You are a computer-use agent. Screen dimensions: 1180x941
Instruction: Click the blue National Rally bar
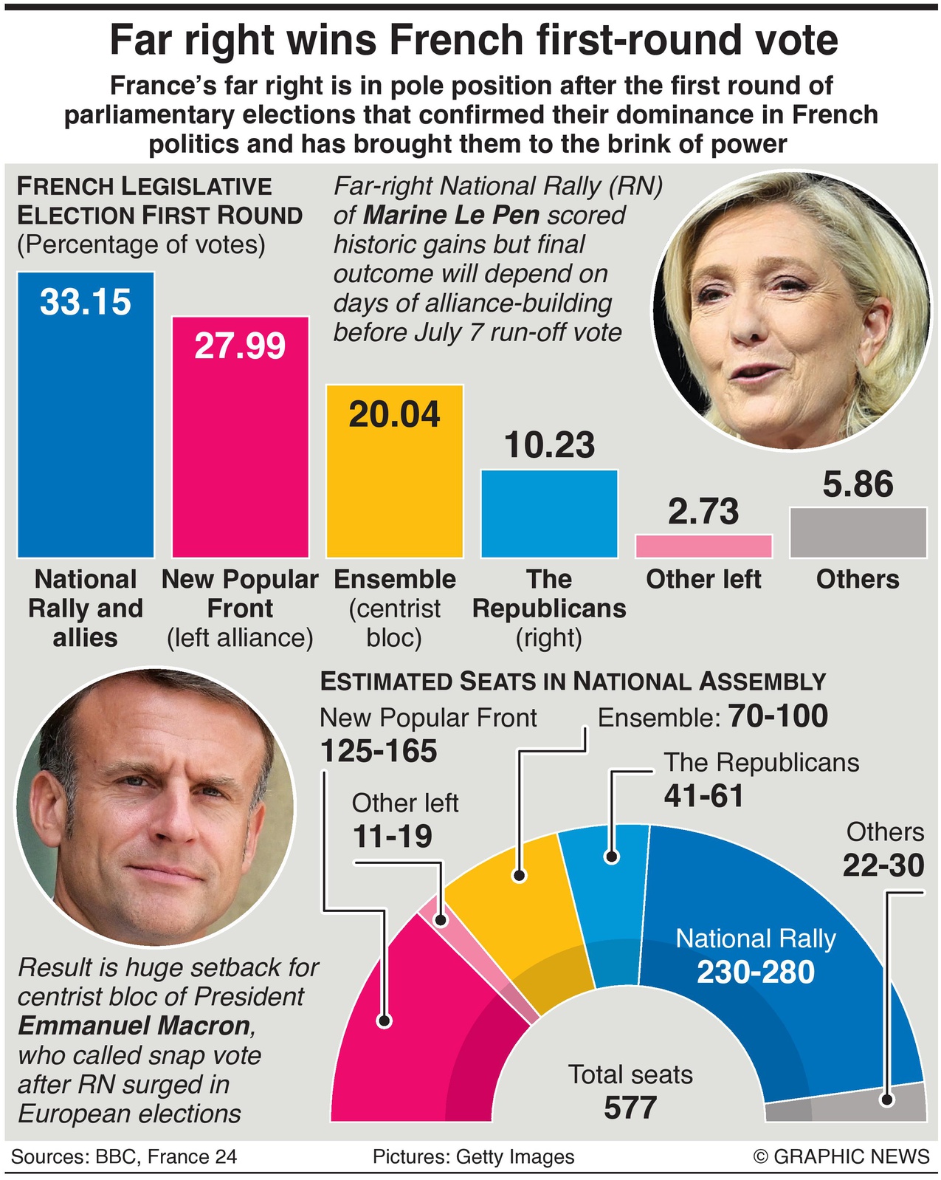click(86, 428)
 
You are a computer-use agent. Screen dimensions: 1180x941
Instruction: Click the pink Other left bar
click(703, 546)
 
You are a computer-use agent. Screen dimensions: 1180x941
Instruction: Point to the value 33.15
click(86, 302)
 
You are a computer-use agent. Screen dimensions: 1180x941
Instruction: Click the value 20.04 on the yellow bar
click(394, 414)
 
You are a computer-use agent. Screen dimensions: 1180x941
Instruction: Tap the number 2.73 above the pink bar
click(703, 512)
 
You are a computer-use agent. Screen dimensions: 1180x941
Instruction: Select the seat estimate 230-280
click(756, 972)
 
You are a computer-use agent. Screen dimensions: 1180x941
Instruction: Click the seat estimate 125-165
click(379, 752)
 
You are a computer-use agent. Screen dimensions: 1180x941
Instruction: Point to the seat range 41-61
click(703, 796)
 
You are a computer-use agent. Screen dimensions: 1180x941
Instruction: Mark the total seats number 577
click(630, 1108)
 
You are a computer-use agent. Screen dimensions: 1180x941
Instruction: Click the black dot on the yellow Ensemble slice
click(520, 876)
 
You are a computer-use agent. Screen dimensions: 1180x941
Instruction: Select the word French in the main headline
click(441, 41)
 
